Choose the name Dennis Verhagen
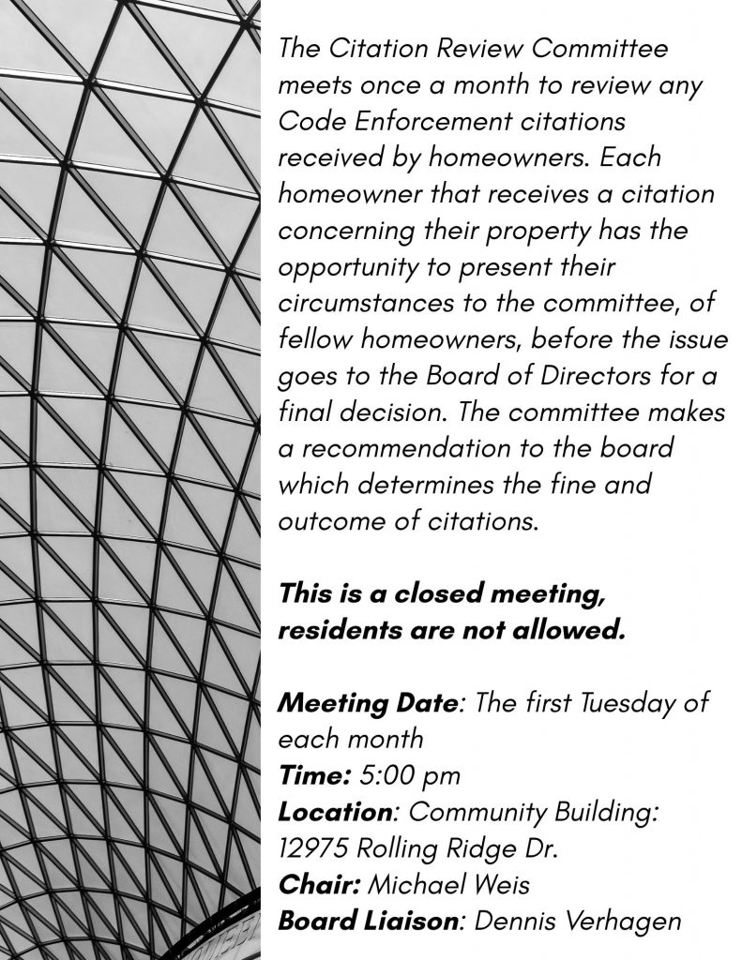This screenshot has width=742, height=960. coord(577,921)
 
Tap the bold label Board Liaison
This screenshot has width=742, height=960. coord(369,921)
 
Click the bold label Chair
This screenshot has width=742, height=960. coord(318,884)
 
